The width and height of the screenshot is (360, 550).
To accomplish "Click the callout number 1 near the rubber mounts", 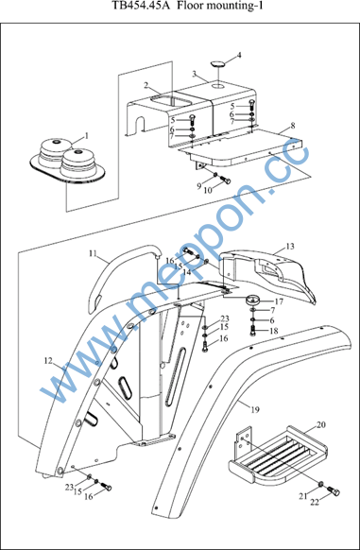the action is pyautogui.click(x=86, y=135).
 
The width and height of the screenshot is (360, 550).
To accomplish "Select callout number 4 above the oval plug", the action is pyautogui.click(x=239, y=55).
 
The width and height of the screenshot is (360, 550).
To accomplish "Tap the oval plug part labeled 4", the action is pyautogui.click(x=217, y=64).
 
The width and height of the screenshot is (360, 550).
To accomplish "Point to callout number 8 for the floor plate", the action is pyautogui.click(x=293, y=126).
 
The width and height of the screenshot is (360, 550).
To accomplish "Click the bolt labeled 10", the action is pyautogui.click(x=226, y=181).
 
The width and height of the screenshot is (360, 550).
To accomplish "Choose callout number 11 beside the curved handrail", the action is pyautogui.click(x=93, y=253).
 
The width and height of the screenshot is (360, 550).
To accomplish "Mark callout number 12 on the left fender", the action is pyautogui.click(x=48, y=360).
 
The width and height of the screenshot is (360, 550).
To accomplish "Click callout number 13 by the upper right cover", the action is pyautogui.click(x=290, y=247).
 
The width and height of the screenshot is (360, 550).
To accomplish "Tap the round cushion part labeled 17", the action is pyautogui.click(x=252, y=301).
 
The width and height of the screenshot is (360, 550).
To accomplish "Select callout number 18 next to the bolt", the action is pyautogui.click(x=274, y=331).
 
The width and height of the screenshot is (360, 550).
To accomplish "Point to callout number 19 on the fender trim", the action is pyautogui.click(x=255, y=409).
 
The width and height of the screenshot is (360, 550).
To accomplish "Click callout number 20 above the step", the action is pyautogui.click(x=320, y=424).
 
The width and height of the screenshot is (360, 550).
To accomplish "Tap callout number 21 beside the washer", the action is pyautogui.click(x=303, y=496).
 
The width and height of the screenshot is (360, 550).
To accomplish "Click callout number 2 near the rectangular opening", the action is pyautogui.click(x=146, y=85).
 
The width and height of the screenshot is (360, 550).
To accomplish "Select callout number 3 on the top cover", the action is pyautogui.click(x=194, y=74).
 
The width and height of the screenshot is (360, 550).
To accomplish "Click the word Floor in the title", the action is pyautogui.click(x=189, y=6).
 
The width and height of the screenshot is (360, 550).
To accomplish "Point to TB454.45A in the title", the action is pyautogui.click(x=142, y=6).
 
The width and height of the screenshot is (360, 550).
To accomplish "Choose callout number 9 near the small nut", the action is pyautogui.click(x=199, y=186).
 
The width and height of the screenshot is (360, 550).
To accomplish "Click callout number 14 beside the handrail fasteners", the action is pyautogui.click(x=187, y=271).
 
